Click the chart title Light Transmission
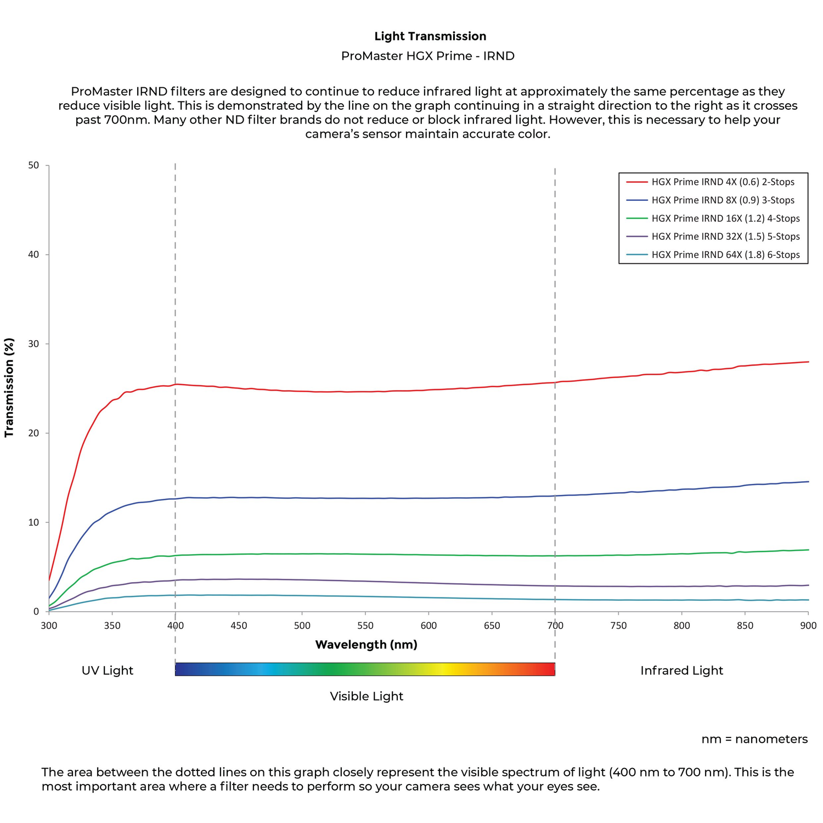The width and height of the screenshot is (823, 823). (x=430, y=36)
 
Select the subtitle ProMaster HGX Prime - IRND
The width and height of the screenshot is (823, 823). (x=427, y=56)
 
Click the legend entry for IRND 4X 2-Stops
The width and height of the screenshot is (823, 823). (x=723, y=182)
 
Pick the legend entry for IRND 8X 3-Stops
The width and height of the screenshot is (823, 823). (x=723, y=200)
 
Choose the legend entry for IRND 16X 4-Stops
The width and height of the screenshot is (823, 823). (x=725, y=218)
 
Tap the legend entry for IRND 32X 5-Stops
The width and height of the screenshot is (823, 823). (x=725, y=236)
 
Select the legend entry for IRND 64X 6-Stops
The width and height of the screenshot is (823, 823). (x=725, y=255)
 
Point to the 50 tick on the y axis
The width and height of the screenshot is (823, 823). (x=33, y=165)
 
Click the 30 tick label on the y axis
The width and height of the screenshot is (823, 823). (x=33, y=344)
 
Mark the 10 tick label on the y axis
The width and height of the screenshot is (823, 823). (x=33, y=522)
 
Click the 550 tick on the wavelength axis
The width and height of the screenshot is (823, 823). (x=365, y=625)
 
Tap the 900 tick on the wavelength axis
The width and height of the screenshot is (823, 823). (x=808, y=625)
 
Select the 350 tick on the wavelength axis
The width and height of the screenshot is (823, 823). (x=112, y=625)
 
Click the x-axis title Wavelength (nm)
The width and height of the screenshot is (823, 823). (x=366, y=645)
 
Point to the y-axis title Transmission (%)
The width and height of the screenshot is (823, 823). (x=9, y=387)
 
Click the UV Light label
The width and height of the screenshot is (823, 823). (x=108, y=670)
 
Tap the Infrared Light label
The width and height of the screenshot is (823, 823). (x=681, y=670)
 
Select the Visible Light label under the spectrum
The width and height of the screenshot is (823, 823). (x=367, y=696)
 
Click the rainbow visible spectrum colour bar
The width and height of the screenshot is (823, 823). (x=365, y=669)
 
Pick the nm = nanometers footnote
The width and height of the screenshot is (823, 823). (x=754, y=739)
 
